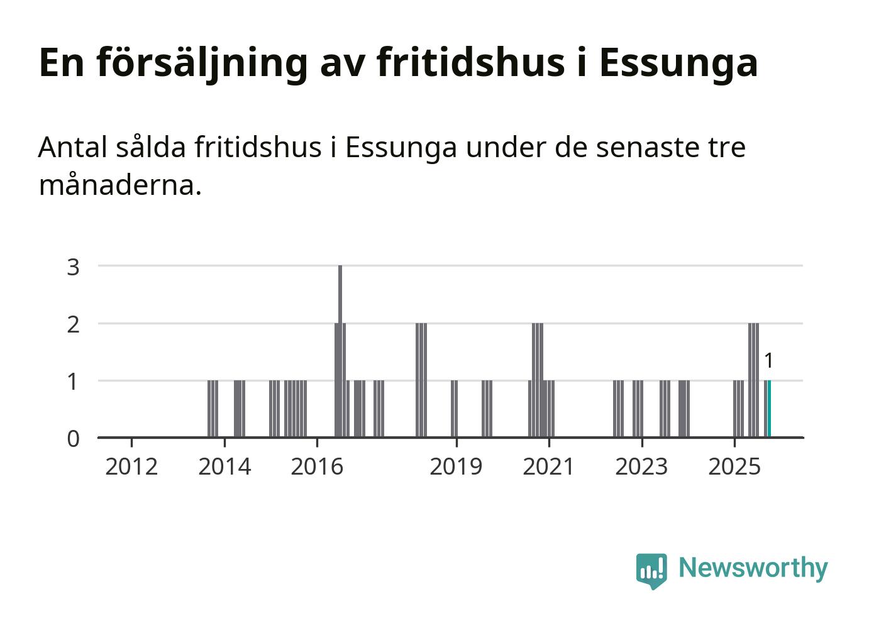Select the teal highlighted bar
pos(769,409)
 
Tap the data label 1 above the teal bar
pos(768,361)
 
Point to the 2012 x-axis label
pos(131,466)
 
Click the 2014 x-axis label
pos(224,466)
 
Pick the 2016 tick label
pos(317,466)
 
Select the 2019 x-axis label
pos(456,466)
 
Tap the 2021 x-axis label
pos(549,466)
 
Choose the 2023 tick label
pos(641,466)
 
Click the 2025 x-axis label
pos(734,466)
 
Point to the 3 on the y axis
pos(74,267)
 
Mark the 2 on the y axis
pos(74,324)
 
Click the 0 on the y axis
pos(74,438)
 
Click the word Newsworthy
pos(753,568)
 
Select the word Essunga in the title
pos(678,62)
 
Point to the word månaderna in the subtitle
pos(119,185)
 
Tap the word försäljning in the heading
pos(202,62)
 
